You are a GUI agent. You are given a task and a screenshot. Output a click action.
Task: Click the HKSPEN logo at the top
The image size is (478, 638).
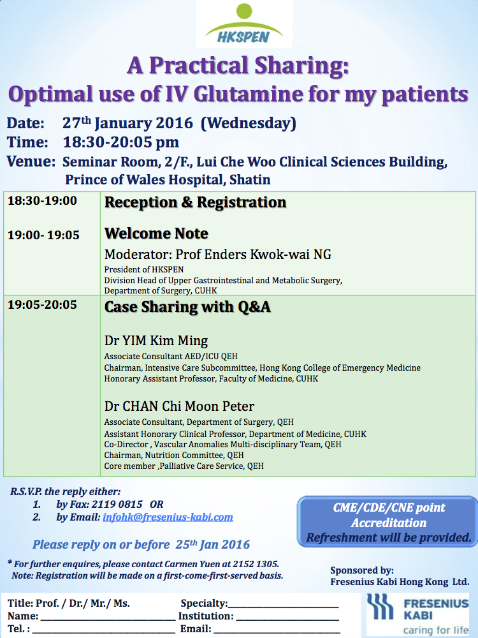coord(244,24)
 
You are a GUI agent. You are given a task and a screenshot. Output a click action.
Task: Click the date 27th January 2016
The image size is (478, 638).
coord(127,123)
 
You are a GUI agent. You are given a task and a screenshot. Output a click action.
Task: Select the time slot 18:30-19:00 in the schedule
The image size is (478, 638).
coord(42,200)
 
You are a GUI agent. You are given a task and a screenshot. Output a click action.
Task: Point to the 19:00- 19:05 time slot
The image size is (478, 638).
coord(43,235)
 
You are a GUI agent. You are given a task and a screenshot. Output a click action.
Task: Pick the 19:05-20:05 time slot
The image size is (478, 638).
coord(42,305)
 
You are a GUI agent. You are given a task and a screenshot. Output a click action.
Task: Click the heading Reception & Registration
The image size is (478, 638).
coord(196,202)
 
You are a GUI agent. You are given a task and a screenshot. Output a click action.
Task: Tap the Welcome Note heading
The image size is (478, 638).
coord(157,233)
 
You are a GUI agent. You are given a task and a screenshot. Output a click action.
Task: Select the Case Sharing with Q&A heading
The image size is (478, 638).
coord(187,307)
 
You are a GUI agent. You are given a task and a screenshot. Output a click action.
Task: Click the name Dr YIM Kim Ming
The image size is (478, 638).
coord(156,340)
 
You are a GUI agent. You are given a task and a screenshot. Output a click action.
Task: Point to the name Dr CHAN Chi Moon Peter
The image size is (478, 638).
coord(179,406)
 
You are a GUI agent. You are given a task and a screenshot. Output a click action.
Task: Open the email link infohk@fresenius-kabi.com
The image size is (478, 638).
coord(168,517)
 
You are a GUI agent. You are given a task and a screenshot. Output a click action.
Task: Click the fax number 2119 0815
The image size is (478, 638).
coord(117,504)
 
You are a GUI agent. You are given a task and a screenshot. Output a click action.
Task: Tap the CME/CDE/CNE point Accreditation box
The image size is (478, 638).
coord(387,522)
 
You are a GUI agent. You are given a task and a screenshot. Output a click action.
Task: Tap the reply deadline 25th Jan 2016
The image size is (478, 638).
coord(213,544)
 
